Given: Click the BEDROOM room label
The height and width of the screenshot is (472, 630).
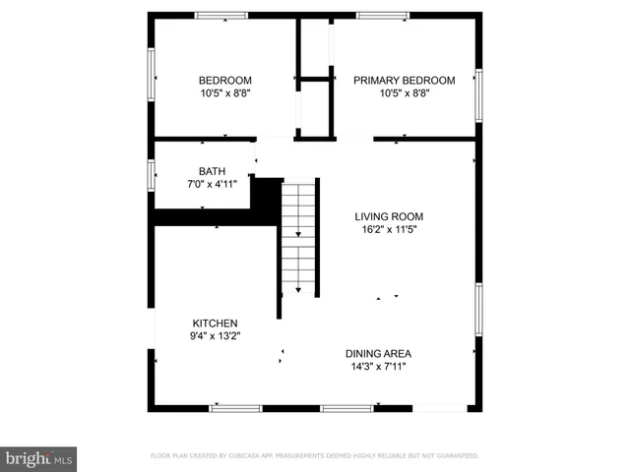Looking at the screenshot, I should coord(225,81).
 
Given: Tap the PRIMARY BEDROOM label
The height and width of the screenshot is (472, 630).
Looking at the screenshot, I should coord(405,81).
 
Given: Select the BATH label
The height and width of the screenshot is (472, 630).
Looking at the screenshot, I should coord(212,171).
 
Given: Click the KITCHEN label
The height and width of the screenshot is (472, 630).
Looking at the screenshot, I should coord(215,323).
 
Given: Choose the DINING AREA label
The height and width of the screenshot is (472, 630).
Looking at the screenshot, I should coord(378,354).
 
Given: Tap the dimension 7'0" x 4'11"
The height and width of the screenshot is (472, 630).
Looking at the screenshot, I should coord(212,184).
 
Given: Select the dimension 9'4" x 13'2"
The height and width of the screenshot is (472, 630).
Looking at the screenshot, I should coord(215,335).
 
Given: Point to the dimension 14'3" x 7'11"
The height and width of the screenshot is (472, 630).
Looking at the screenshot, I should coord(378,367).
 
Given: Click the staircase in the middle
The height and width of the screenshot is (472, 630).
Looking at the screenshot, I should coord(298,236).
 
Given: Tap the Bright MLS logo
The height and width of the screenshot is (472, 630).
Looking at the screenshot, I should coord(38,457).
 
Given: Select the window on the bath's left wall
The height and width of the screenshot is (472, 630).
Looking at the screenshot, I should coord(151,176).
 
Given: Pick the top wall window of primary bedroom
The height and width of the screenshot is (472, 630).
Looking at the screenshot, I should coord(382,15).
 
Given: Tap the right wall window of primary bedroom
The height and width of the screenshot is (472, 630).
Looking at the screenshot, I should coord(478,92).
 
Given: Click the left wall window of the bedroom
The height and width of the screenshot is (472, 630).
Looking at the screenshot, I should coord(151,75).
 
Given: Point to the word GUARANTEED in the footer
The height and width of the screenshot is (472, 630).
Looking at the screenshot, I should coord(456,456).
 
